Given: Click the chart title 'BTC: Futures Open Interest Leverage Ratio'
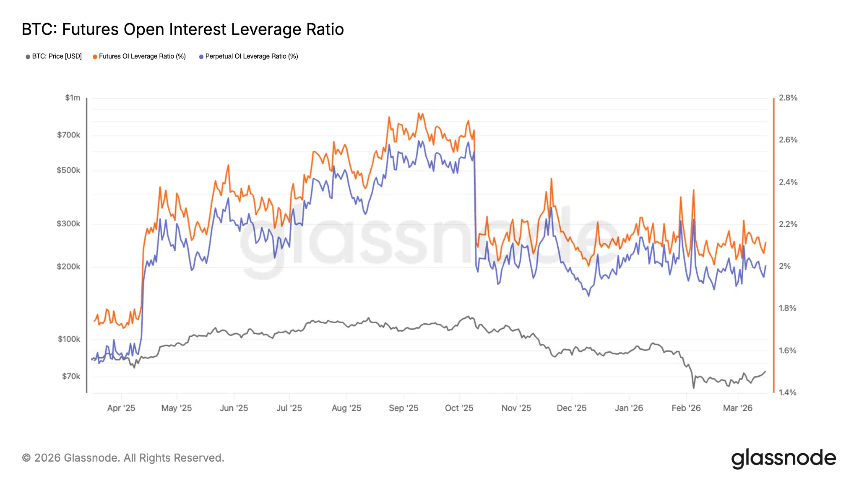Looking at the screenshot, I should tap(182, 30).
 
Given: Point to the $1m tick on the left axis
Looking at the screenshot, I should tap(73, 98).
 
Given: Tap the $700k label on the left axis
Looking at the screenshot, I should tap(68, 135).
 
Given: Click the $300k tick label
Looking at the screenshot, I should tap(68, 224).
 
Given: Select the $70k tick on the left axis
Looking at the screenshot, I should tap(71, 377).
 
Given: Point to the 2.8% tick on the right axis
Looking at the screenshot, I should tap(788, 98).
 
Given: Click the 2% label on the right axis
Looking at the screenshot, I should tap(784, 266).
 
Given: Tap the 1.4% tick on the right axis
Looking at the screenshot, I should tap(787, 393).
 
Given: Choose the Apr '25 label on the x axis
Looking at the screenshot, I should tap(121, 408).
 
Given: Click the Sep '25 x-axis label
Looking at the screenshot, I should tap(403, 408).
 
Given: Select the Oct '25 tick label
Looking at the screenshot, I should tap(459, 408).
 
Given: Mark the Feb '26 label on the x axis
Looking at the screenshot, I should tap(686, 408).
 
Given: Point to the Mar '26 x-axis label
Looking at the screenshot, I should tap(737, 408).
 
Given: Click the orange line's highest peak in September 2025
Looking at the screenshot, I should tap(419, 113).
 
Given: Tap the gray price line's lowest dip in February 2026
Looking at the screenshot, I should tap(693, 387).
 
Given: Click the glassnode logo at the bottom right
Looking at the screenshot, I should tap(783, 458).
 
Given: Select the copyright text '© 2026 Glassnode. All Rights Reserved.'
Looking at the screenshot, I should tap(123, 458).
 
